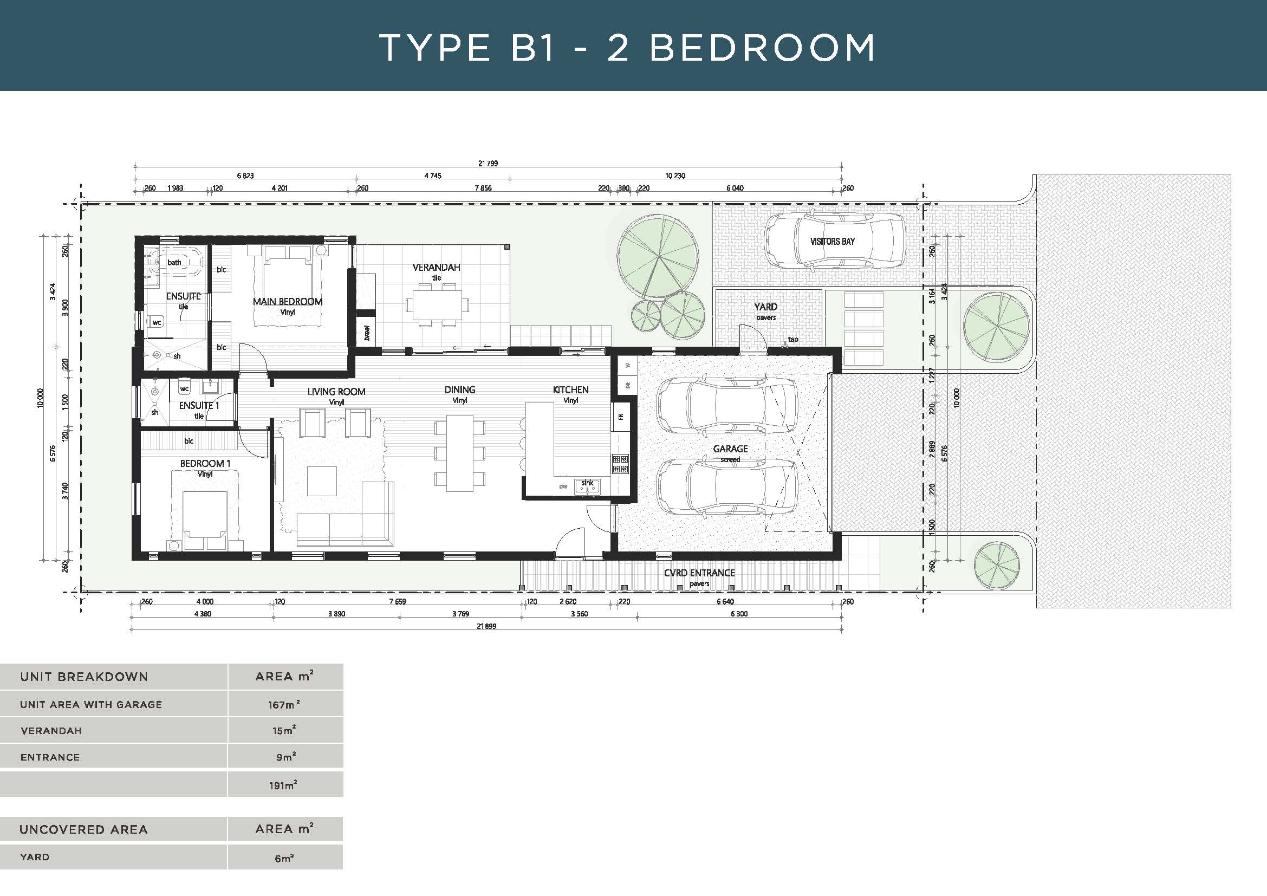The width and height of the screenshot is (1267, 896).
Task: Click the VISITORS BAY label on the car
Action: pyautogui.click(x=832, y=241)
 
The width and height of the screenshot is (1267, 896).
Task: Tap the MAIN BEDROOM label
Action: pyautogui.click(x=288, y=301)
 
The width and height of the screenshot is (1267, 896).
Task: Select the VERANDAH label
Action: pyautogui.click(x=436, y=268)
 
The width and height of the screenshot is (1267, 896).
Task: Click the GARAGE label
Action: pyautogui.click(x=730, y=449)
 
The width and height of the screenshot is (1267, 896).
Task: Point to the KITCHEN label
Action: pyautogui.click(x=570, y=389)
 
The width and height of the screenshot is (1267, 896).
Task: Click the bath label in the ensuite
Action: pyautogui.click(x=174, y=262)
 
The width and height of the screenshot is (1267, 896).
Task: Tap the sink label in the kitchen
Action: pyautogui.click(x=587, y=483)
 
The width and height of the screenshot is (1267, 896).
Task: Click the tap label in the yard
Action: pyautogui.click(x=793, y=339)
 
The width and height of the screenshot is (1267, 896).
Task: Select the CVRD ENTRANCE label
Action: pyautogui.click(x=699, y=573)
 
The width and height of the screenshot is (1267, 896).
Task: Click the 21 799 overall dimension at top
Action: pyautogui.click(x=488, y=163)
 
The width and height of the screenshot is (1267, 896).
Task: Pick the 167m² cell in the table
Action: pyautogui.click(x=285, y=705)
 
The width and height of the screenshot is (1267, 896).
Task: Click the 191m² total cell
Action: pyautogui.click(x=283, y=785)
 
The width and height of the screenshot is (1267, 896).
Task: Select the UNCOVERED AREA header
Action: pyautogui.click(x=83, y=830)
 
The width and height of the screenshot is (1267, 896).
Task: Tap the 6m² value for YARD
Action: pyautogui.click(x=284, y=858)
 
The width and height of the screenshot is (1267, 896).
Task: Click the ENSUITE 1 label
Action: pyautogui.click(x=199, y=406)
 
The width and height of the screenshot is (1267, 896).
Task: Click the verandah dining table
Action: pyautogui.click(x=436, y=304)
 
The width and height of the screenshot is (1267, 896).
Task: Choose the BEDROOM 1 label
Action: pyautogui.click(x=205, y=464)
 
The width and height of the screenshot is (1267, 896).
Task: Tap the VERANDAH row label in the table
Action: pyautogui.click(x=51, y=731)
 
